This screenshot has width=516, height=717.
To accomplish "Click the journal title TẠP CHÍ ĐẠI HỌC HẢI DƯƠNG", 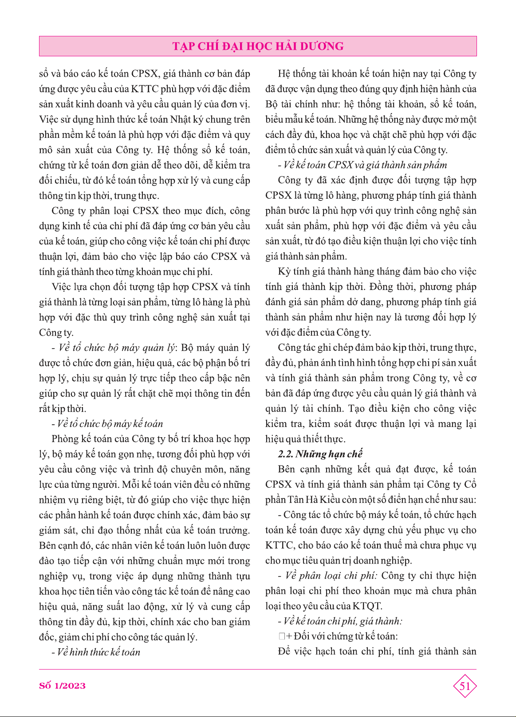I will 258,46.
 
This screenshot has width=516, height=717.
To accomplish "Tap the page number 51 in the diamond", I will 465,686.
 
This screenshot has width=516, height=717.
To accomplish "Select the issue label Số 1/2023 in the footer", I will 62,686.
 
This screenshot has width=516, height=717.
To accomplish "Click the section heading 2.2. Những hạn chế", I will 320,454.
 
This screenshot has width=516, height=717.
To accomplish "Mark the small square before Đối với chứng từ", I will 282,637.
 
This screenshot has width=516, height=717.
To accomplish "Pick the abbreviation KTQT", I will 366,606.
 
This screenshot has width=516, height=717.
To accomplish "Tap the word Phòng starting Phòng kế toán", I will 64,439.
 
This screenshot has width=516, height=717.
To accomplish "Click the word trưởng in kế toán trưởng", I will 235,530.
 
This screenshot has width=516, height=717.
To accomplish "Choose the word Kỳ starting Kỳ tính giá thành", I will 284,272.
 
